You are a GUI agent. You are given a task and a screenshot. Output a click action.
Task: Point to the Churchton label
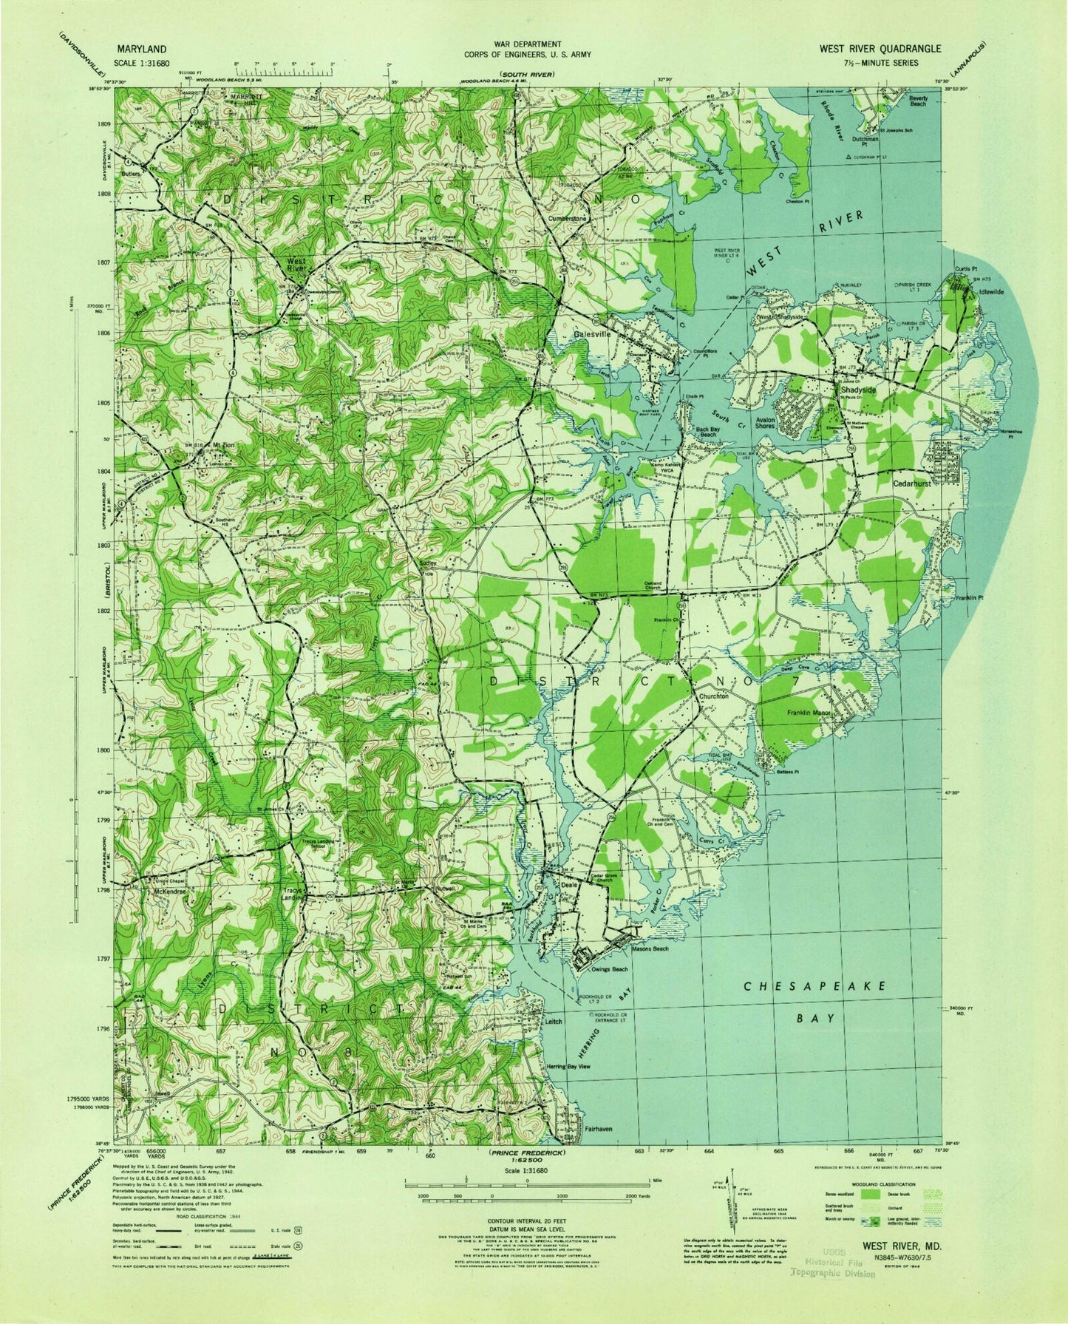click(713, 696)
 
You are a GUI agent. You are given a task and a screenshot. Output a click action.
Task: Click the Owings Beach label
click(609, 969)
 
